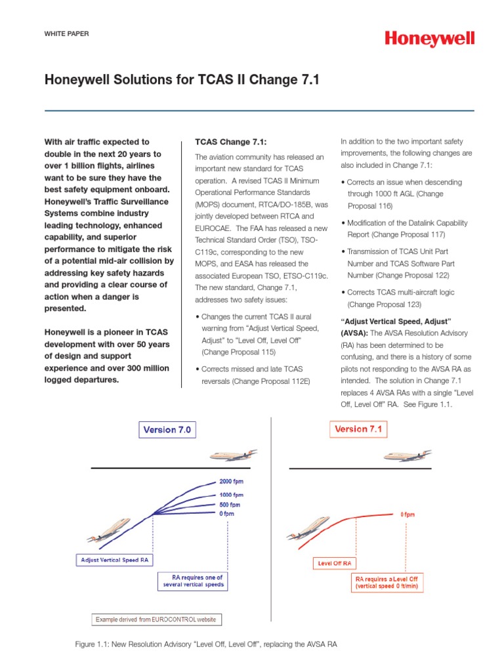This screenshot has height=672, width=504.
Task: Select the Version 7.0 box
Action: (168, 430)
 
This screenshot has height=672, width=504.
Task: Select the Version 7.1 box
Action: (358, 429)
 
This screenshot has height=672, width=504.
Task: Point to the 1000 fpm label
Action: (231, 494)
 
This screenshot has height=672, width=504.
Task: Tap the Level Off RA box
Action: (335, 563)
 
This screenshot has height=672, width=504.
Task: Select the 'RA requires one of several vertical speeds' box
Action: (194, 581)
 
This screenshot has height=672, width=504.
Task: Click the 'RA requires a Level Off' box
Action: (387, 583)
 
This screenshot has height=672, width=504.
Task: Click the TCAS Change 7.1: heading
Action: (222, 142)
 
